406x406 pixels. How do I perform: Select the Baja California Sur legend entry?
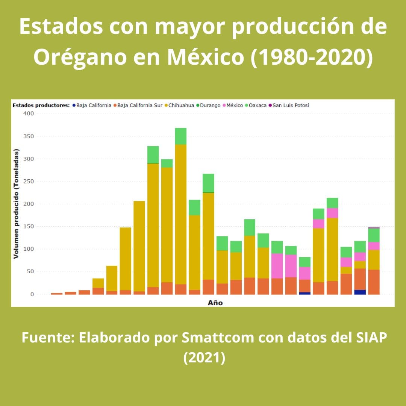tap(139, 105)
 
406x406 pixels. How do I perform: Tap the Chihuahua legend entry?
tap(181, 105)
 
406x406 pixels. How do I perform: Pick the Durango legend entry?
tap(210, 105)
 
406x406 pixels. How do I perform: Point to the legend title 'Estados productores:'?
tap(41, 105)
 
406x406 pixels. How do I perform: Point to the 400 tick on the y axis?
tap(29, 114)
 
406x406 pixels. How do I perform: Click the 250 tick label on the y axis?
tap(29, 181)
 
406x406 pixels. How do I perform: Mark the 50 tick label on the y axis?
tap(30, 271)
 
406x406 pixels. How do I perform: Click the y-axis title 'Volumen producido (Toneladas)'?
tap(16, 204)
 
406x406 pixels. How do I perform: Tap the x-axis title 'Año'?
tap(215, 303)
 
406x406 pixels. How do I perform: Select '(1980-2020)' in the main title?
tap(312, 57)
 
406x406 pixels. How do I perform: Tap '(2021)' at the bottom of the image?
tap(204, 357)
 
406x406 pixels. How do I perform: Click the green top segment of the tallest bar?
tap(181, 136)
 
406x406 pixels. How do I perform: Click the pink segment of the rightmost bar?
tap(374, 246)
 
